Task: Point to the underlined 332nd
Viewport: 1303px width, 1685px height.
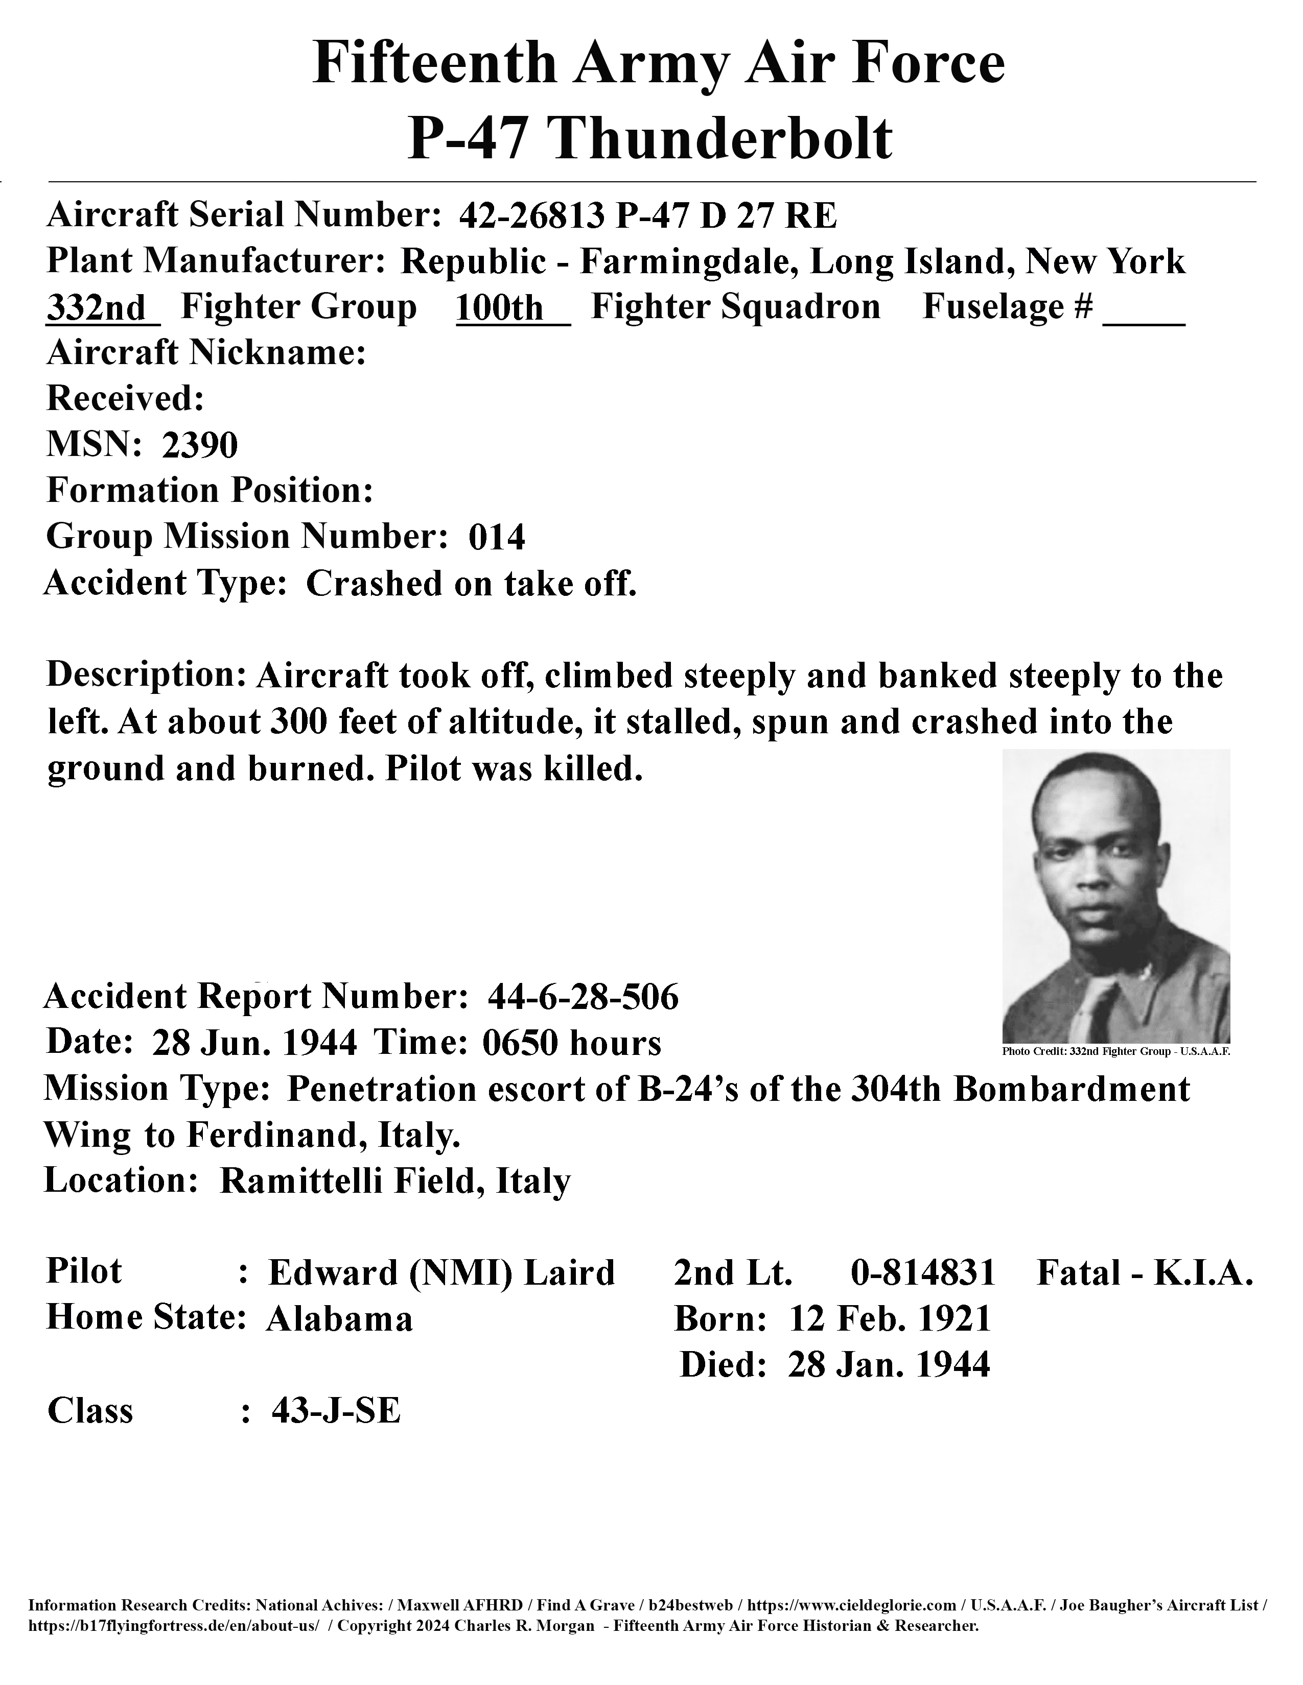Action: point(97,308)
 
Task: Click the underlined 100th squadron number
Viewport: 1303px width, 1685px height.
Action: point(500,308)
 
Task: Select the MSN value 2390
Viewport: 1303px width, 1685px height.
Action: point(199,445)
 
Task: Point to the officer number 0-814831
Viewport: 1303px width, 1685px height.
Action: point(922,1272)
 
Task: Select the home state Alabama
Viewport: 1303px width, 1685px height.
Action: point(340,1319)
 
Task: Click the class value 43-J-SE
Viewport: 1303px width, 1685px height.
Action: point(336,1411)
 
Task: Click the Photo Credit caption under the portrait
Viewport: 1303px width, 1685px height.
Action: point(1115,1051)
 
